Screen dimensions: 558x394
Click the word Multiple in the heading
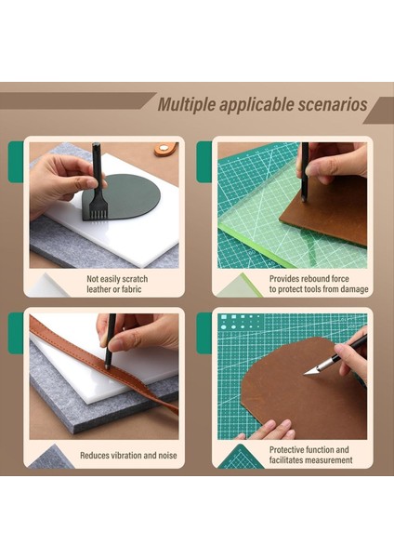click(186, 104)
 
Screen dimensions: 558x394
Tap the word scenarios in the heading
click(331, 104)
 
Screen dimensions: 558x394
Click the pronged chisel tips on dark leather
click(97, 212)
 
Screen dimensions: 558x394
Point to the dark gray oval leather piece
click(129, 198)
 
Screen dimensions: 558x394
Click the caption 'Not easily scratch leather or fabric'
click(117, 284)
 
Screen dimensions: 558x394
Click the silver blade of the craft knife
click(314, 367)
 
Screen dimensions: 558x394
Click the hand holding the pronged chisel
click(58, 177)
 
